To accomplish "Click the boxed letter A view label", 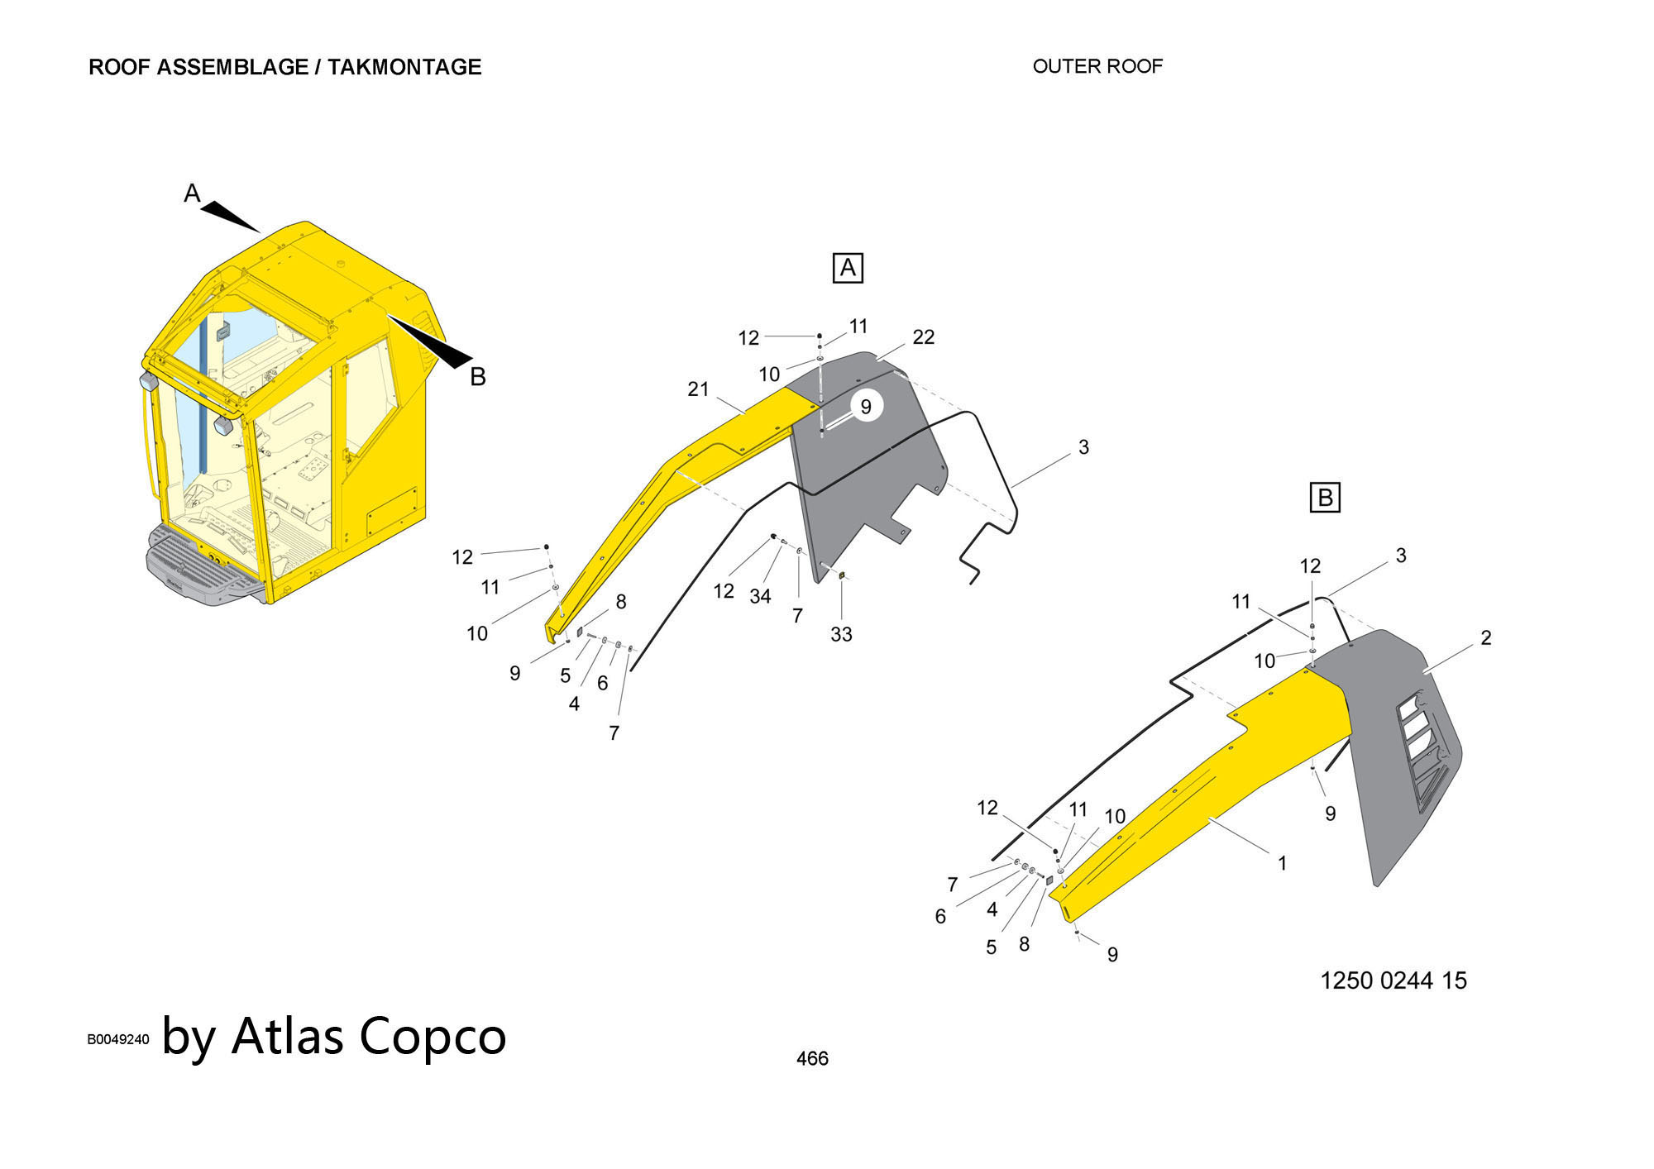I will click(x=848, y=268).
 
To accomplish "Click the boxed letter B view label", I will click(x=1325, y=498).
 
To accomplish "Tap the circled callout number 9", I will click(x=866, y=407).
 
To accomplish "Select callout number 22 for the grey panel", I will click(x=923, y=337).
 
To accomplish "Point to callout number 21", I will click(x=698, y=389).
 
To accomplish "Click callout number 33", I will click(x=841, y=634).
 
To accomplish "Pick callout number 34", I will click(x=760, y=595).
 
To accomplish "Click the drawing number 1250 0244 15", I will click(x=1393, y=981).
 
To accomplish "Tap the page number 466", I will click(x=812, y=1058).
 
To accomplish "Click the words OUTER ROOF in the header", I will click(x=1097, y=66).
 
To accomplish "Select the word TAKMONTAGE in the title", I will click(x=404, y=67).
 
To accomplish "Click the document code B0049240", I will click(x=118, y=1039).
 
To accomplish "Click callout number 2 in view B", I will click(x=1486, y=637).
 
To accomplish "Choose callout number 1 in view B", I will click(x=1282, y=863).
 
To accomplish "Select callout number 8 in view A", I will click(x=621, y=602).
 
